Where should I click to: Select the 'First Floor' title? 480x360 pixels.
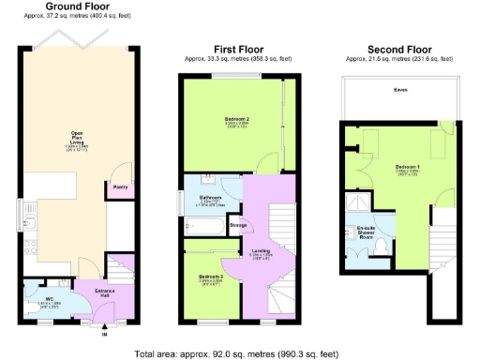coord(239,49)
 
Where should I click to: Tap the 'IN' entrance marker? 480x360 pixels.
coord(105,333)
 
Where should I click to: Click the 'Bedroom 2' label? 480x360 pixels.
coord(236,120)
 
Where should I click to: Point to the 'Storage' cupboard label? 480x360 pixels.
coord(238,225)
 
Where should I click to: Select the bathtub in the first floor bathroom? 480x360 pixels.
coord(203,225)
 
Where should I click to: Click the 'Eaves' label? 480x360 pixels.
coord(400,91)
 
